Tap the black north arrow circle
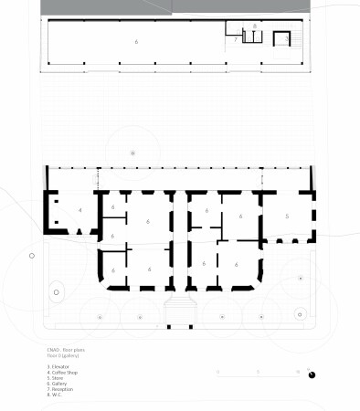click(x=312, y=373)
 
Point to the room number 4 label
click(x=80, y=210)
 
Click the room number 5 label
click(x=287, y=216)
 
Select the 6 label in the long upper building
click(x=137, y=42)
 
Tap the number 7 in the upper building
click(x=235, y=40)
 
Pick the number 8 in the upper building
click(x=254, y=27)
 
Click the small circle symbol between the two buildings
click(x=132, y=152)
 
